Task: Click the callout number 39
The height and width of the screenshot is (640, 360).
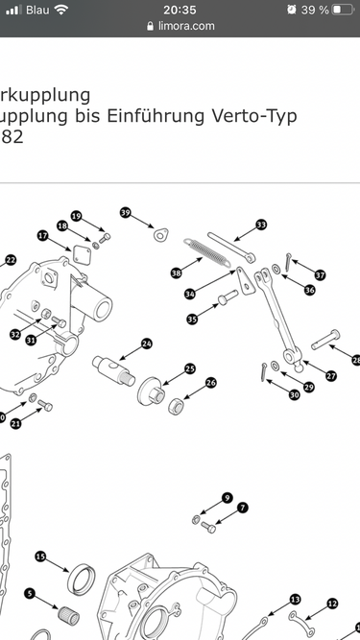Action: pyautogui.click(x=126, y=213)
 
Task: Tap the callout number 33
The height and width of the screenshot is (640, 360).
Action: pyautogui.click(x=261, y=225)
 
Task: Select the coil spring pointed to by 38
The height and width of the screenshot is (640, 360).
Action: pyautogui.click(x=206, y=252)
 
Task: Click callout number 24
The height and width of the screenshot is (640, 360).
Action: pyautogui.click(x=147, y=344)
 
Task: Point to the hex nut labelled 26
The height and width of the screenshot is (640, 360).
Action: pyautogui.click(x=177, y=407)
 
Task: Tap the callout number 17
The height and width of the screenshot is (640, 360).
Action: pyautogui.click(x=43, y=235)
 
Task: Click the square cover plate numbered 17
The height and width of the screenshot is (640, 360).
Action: pyautogui.click(x=82, y=254)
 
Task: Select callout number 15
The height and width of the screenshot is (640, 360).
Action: pyautogui.click(x=40, y=557)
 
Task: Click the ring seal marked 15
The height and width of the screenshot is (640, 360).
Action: pyautogui.click(x=82, y=579)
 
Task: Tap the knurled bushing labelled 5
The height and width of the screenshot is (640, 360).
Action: pyautogui.click(x=68, y=616)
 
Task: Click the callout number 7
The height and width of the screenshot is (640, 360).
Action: pyautogui.click(x=243, y=508)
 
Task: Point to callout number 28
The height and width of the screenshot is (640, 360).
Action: pyautogui.click(x=357, y=360)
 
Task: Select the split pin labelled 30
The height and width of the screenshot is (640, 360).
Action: pyautogui.click(x=263, y=372)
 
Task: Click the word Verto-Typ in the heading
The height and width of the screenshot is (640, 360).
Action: pyautogui.click(x=253, y=116)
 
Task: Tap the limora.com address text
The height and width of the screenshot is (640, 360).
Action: pyautogui.click(x=186, y=26)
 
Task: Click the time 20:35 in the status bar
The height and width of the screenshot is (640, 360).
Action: pyautogui.click(x=180, y=10)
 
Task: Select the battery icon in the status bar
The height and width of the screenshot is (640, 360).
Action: pyautogui.click(x=342, y=10)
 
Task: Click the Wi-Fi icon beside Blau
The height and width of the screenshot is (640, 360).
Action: pyautogui.click(x=61, y=9)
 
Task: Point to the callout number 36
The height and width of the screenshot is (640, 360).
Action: pyautogui.click(x=310, y=290)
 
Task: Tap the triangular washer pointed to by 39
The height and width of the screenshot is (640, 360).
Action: pyautogui.click(x=161, y=235)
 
